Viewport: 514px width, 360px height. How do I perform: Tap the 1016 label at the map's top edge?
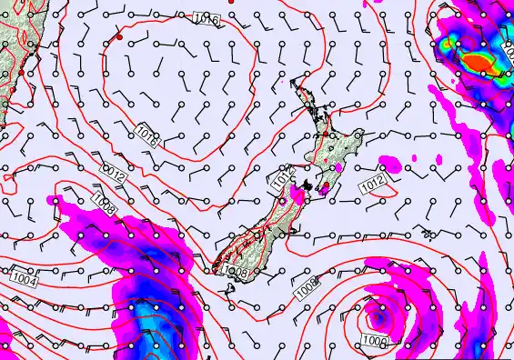(207, 19)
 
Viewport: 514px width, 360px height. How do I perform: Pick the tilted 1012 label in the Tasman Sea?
(114, 173)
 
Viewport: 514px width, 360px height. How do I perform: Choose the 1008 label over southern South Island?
(235, 271)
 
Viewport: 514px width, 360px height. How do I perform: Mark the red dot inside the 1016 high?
(119, 38)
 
